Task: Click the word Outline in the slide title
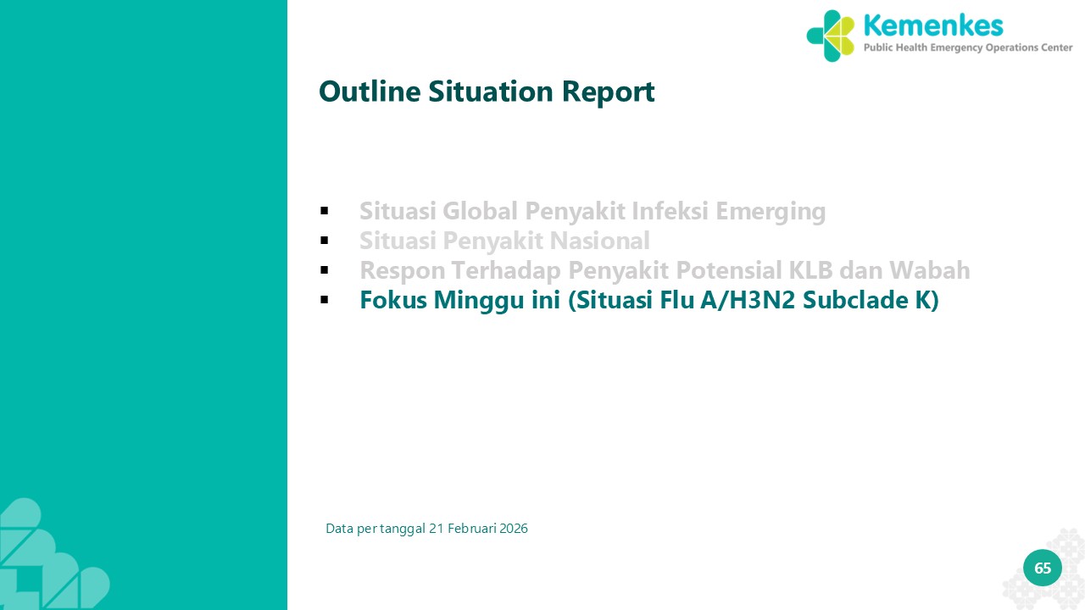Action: click(x=370, y=91)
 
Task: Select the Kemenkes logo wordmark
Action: click(x=933, y=25)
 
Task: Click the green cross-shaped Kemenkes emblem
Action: click(x=831, y=36)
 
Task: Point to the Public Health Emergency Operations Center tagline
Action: click(x=968, y=47)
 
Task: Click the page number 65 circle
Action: click(x=1043, y=568)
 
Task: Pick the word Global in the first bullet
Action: click(x=480, y=211)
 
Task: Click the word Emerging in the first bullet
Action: click(x=771, y=212)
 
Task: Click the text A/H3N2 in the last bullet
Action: click(x=748, y=300)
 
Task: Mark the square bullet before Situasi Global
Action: click(x=325, y=211)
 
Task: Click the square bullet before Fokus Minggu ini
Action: click(x=325, y=300)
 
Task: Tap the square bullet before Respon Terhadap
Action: click(x=325, y=269)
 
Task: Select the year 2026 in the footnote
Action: click(x=514, y=528)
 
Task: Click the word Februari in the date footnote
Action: click(x=472, y=528)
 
